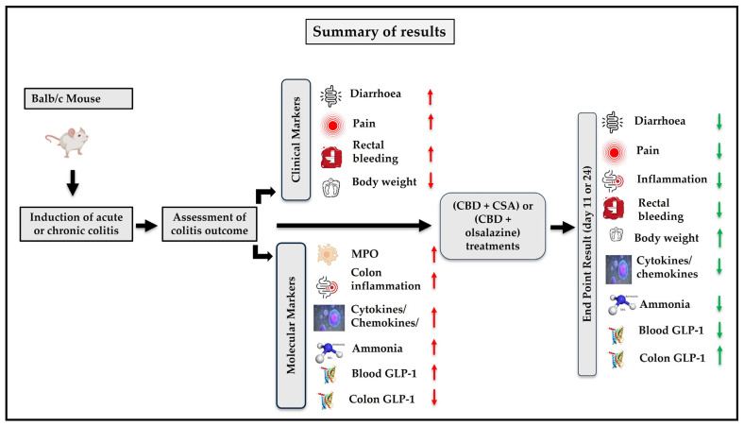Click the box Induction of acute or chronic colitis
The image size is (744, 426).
73,226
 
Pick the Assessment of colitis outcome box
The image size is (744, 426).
210,226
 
